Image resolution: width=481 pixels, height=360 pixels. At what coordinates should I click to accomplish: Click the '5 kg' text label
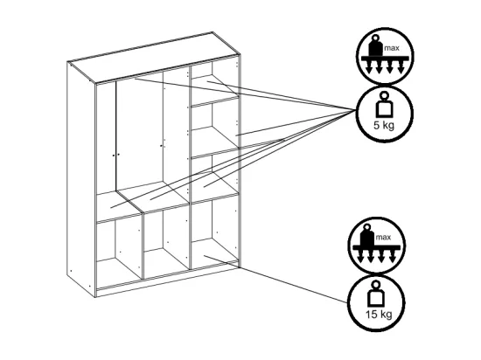[383, 126]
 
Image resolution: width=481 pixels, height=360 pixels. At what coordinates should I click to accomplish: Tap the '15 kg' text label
[379, 315]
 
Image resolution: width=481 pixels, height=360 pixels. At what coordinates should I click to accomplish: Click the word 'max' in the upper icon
[392, 48]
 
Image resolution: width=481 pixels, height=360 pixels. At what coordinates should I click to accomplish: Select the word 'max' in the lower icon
[383, 237]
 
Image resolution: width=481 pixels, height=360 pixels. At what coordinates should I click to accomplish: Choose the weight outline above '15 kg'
[375, 294]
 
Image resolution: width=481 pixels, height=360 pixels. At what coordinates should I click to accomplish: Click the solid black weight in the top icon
[375, 46]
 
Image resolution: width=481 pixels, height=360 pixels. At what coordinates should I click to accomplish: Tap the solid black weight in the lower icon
[367, 235]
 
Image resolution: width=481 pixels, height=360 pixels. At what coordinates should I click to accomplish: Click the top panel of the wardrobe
[153, 58]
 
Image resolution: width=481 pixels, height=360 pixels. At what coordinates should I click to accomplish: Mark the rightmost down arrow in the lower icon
[393, 257]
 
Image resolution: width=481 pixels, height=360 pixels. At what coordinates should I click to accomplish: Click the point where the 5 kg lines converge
[355, 110]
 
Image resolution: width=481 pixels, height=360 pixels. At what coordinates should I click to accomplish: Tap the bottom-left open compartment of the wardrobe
[119, 250]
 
